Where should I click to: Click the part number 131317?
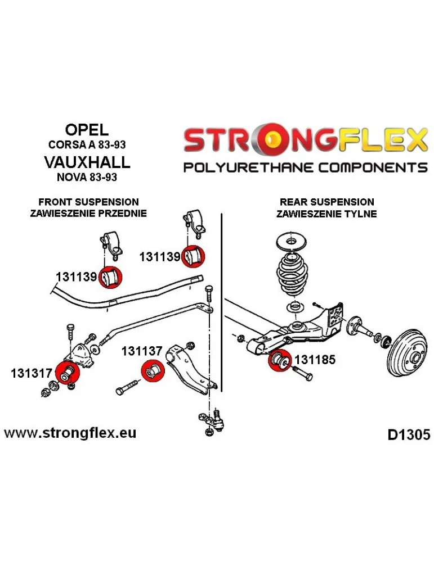32,373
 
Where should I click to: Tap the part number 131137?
142,351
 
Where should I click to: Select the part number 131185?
315,360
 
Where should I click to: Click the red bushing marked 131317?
67,373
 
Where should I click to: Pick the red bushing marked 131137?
153,370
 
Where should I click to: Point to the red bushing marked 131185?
280,360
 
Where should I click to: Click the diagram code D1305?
409,435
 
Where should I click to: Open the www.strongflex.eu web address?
70,433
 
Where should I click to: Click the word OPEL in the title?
87,129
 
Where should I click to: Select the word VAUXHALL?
87,162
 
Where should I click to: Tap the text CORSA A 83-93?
87,144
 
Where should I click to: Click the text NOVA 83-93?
87,177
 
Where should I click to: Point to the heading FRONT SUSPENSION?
88,202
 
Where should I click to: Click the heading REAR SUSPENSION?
326,202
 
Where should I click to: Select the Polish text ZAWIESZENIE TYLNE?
326,214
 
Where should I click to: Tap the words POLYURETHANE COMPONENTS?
306,167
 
